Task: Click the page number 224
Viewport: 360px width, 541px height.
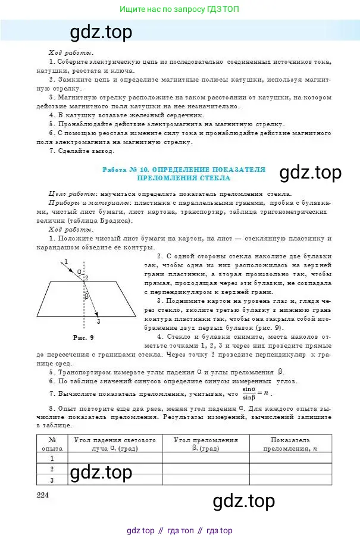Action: tap(42, 496)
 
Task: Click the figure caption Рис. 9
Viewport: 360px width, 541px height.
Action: tap(83, 337)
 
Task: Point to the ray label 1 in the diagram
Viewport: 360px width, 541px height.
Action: tap(66, 261)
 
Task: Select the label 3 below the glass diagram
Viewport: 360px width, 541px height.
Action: tap(98, 321)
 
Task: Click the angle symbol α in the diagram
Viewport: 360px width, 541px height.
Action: tap(79, 271)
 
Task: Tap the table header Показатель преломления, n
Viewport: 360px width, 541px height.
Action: tap(290, 443)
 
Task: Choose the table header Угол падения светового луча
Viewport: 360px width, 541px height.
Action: tap(114, 443)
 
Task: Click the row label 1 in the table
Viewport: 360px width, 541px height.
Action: tap(52, 458)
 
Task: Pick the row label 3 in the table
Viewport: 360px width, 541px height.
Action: tap(52, 480)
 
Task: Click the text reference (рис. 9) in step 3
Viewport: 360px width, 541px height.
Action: tap(270, 328)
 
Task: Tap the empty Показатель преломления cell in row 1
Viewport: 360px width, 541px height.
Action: tap(290, 458)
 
